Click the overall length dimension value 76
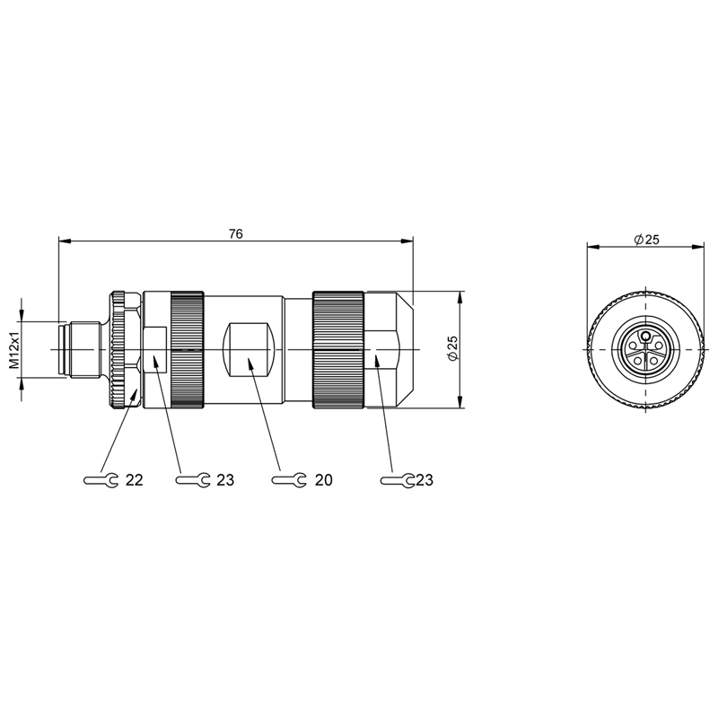point(236,233)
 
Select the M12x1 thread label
point(14,350)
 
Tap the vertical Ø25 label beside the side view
point(453,348)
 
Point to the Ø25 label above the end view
point(646,239)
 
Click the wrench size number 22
point(134,480)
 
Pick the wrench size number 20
point(323,480)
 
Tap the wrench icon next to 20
point(289,480)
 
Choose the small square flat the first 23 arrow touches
point(154,349)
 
